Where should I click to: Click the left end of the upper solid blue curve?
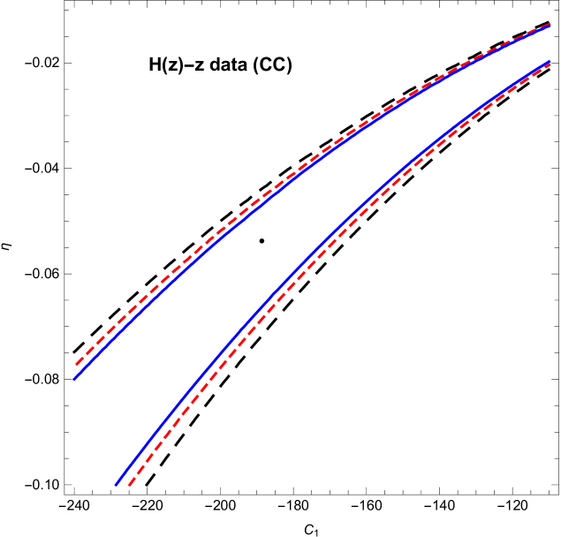(74, 379)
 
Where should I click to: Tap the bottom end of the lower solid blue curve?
(116, 484)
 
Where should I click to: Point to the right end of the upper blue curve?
(550, 26)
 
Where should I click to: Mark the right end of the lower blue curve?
(550, 62)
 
